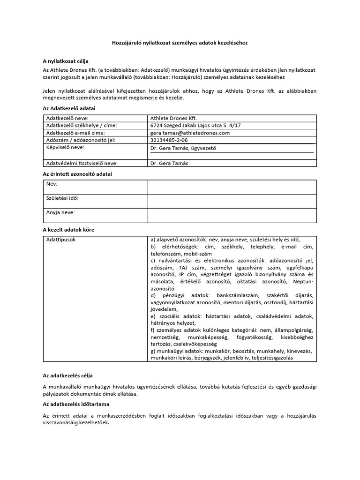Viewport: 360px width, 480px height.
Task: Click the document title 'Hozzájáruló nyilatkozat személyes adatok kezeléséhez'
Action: pos(180,43)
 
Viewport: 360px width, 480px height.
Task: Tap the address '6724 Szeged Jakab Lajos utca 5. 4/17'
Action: pos(195,126)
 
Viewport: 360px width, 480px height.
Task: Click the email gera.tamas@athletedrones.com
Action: pos(190,133)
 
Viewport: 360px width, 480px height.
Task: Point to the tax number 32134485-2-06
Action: pos(169,140)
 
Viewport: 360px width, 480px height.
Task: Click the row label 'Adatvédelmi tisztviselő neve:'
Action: pos(82,163)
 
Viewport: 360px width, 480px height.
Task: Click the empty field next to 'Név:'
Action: pos(232,187)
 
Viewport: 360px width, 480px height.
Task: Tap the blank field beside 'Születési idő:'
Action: pos(232,202)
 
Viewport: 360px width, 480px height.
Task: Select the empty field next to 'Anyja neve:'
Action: pos(232,216)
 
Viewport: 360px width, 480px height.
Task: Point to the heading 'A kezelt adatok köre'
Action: pos(68,230)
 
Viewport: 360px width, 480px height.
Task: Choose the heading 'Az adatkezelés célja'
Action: pos(68,375)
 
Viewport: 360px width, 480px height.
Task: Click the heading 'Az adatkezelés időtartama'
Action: pos(76,404)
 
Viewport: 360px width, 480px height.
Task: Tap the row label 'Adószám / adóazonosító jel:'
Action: pos(80,140)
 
